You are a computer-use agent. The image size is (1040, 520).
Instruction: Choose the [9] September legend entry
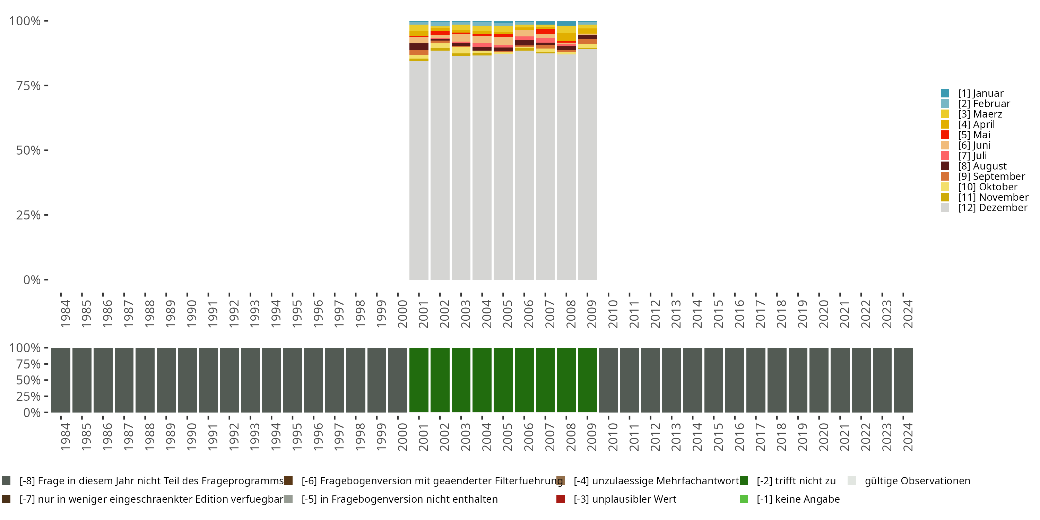pyautogui.click(x=991, y=176)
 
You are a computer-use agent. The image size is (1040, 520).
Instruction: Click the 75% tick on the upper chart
pyautogui.click(x=29, y=86)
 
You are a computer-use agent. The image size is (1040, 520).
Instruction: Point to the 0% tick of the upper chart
pyautogui.click(x=32, y=280)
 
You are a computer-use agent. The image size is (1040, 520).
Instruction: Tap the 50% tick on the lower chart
pyautogui.click(x=29, y=380)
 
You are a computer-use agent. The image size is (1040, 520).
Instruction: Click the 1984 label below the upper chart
pyautogui.click(x=65, y=314)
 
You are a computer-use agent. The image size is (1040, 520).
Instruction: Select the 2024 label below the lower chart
pyautogui.click(x=908, y=437)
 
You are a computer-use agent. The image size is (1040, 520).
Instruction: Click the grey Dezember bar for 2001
pyautogui.click(x=419, y=170)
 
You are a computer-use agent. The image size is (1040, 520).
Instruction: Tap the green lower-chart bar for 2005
pyautogui.click(x=503, y=380)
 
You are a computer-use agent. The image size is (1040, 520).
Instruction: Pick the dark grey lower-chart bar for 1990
pyautogui.click(x=187, y=380)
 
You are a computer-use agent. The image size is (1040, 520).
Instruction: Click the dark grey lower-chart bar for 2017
pyautogui.click(x=756, y=380)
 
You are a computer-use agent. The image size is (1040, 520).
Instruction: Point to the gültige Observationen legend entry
pyautogui.click(x=917, y=481)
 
